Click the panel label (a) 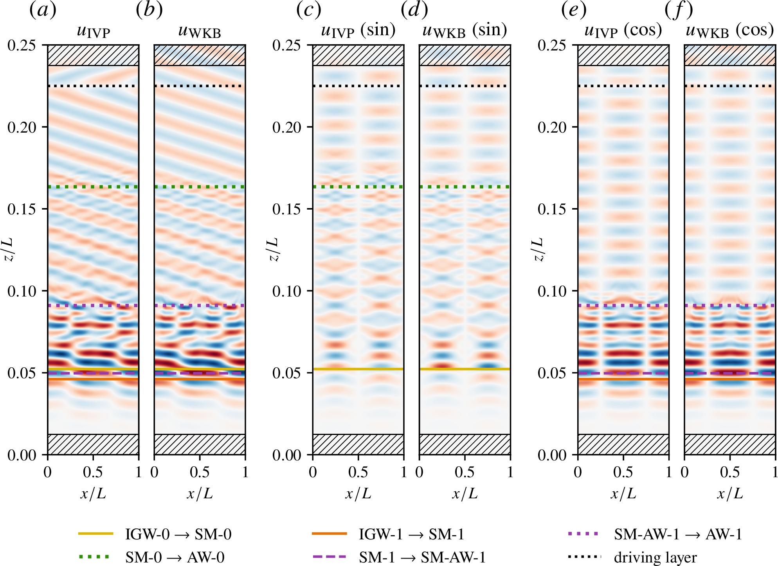click(43, 10)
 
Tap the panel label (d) click(414, 10)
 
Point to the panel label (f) click(679, 10)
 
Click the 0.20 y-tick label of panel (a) click(22, 128)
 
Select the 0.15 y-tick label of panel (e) click(552, 209)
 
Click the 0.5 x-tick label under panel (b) click(200, 472)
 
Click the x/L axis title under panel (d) click(465, 494)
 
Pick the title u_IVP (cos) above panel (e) click(623, 31)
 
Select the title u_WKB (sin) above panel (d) click(465, 31)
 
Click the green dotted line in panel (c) click(358, 187)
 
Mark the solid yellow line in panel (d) click(465, 369)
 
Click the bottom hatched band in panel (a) click(93, 444)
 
